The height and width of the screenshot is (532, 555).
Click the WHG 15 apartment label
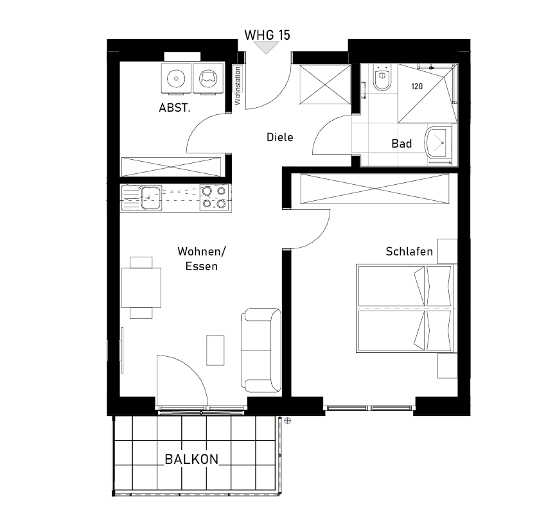[267, 35]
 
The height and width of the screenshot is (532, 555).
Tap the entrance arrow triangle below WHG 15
[267, 47]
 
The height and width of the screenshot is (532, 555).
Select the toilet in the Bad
[382, 77]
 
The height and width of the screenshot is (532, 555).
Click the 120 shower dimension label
[417, 86]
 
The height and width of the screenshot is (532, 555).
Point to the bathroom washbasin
[438, 144]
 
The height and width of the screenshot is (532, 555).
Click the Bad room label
[401, 144]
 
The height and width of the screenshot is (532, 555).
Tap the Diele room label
[279, 137]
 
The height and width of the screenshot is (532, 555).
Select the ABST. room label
[175, 108]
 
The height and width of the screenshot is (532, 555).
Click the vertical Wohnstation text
[238, 85]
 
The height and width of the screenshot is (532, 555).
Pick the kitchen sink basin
[152, 198]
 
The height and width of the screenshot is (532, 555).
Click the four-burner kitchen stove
[214, 198]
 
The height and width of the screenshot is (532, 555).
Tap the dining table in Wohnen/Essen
[141, 287]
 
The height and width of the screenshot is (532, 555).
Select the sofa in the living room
[261, 350]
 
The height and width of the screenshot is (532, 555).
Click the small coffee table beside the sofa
[216, 350]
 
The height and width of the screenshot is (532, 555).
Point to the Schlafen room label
[409, 252]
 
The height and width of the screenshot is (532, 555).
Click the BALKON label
[191, 459]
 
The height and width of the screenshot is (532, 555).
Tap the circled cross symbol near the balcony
[288, 420]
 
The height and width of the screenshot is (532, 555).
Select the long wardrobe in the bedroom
[374, 189]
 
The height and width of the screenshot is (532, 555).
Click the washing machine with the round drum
[176, 78]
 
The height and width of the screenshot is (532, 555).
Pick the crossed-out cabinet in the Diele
[325, 84]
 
